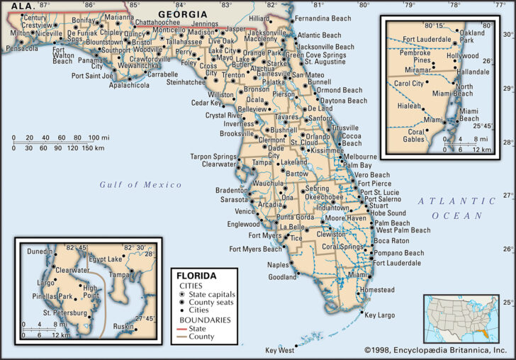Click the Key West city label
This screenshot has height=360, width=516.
pyautogui.click(x=279, y=350)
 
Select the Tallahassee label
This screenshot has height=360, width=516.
pyautogui.click(x=182, y=42)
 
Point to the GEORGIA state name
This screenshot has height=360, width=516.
pyautogui.click(x=183, y=14)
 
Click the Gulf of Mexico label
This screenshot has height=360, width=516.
pyautogui.click(x=140, y=185)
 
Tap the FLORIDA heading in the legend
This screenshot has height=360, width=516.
pyautogui.click(x=196, y=275)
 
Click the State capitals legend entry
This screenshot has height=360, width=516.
pyautogui.click(x=211, y=294)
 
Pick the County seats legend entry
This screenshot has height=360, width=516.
pyautogui.click(x=210, y=303)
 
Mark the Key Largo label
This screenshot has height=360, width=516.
pyautogui.click(x=381, y=314)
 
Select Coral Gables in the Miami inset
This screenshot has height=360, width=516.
pyautogui.click(x=416, y=135)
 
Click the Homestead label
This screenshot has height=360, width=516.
pyautogui.click(x=377, y=290)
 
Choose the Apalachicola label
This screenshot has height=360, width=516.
pyautogui.click(x=129, y=85)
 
